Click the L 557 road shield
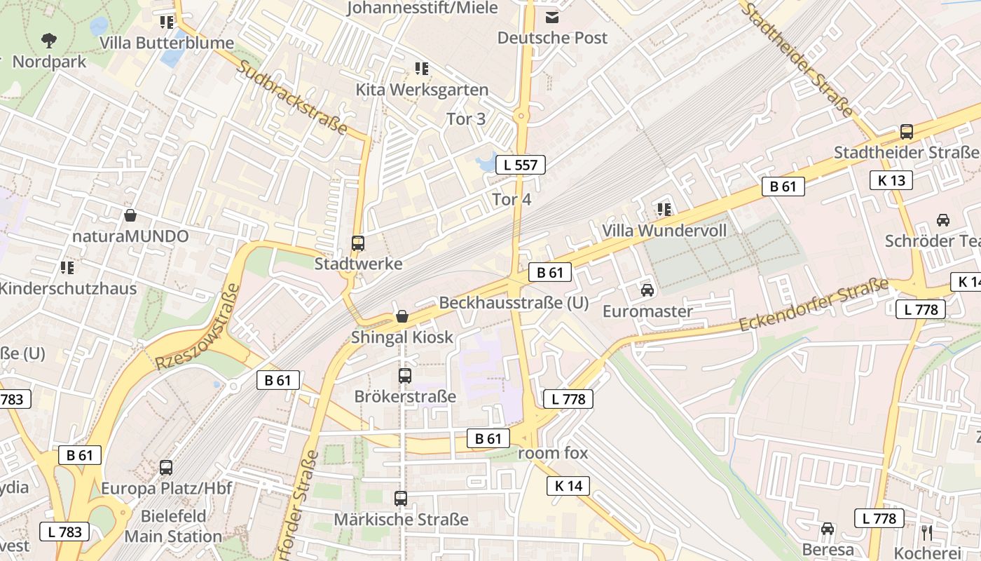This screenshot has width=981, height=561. coord(521,165)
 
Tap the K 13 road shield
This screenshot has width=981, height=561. coord(891,180)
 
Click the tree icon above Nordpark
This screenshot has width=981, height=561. coord(49,40)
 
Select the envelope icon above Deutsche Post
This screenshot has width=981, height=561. coord(553,17)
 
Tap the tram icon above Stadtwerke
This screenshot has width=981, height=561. coord(358,243)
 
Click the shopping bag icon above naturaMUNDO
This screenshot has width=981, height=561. coord(130,215)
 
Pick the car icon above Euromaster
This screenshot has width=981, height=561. coord(647,290)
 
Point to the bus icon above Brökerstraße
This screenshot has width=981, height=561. coord(405,375)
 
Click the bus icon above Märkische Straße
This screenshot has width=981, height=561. coord(401,499)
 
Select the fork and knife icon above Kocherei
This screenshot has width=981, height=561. coord(926,532)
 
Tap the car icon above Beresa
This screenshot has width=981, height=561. coord(828,529)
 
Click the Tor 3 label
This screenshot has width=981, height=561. coord(466,119)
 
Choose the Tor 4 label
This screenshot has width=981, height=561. coord(512,200)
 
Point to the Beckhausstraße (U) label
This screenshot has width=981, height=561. coord(514,303)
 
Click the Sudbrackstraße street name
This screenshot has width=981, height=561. coord(293,98)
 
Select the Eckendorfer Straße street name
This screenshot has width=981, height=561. coord(814,306)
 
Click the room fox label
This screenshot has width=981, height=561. coord(553,453)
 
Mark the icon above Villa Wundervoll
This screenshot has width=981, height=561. coord(664,209)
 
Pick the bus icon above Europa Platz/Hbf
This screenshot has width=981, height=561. coord(166,467)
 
